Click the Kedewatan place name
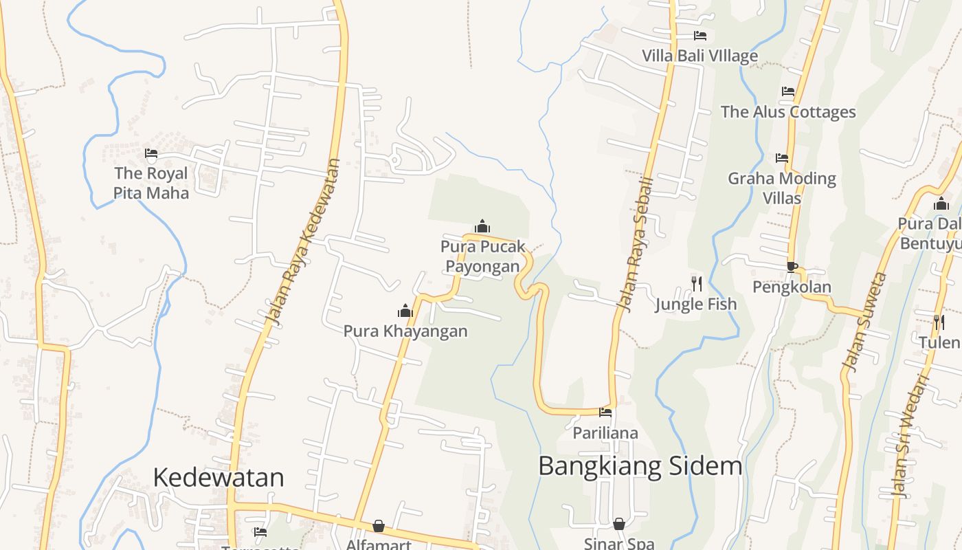tap(219, 477)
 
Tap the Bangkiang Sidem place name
tap(640, 466)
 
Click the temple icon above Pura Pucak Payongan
tap(482, 226)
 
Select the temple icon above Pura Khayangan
tap(405, 311)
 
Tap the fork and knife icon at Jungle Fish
tap(696, 283)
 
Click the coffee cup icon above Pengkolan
tap(792, 267)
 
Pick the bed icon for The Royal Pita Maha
tap(151, 153)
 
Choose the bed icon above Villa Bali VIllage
tap(700, 36)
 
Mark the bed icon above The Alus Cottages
tap(788, 91)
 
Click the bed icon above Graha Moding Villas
tap(782, 157)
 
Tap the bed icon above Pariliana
tap(605, 412)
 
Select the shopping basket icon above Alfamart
tap(379, 526)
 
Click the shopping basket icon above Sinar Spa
tap(619, 524)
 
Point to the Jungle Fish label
tap(695, 304)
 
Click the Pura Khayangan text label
tap(405, 331)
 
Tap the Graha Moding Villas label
tap(782, 188)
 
